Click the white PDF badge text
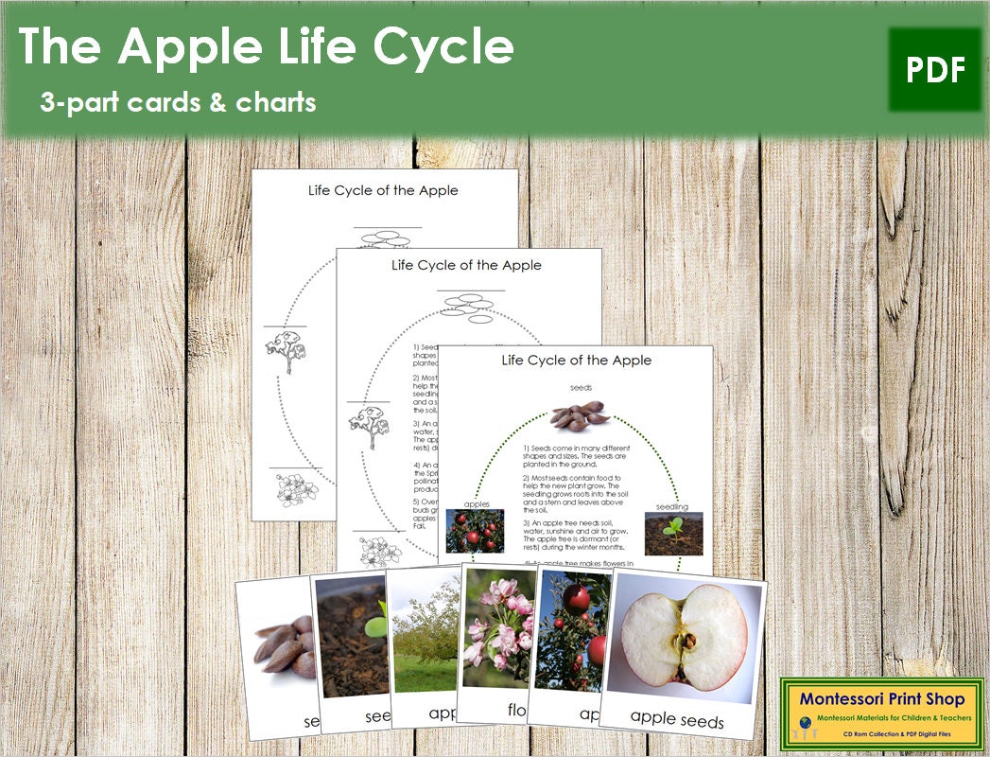(935, 70)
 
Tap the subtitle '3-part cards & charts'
(178, 102)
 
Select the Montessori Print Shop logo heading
(881, 699)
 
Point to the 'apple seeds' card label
(677, 718)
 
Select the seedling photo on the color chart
(673, 534)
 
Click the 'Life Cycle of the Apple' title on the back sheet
(383, 190)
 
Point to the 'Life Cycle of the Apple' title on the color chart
(576, 360)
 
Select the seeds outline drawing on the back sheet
(388, 237)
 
